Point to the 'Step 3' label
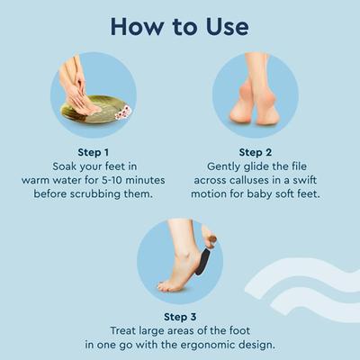coord(180,317)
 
